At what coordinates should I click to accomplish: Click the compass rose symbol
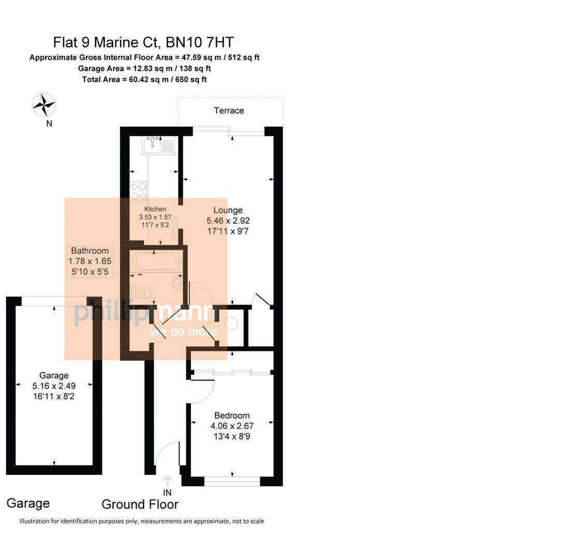tap(44, 105)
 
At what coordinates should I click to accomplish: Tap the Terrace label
tap(229, 111)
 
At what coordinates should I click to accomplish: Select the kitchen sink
tap(154, 145)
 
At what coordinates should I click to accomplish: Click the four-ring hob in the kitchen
tap(139, 191)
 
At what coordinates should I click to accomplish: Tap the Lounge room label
tap(228, 210)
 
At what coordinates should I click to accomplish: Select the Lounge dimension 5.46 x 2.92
tap(228, 221)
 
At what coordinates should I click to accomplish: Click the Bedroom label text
tap(232, 415)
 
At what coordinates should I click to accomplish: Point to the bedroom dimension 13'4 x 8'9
tap(232, 437)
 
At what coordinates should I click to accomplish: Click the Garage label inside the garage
tap(54, 376)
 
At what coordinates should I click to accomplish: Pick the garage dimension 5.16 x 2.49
tap(54, 386)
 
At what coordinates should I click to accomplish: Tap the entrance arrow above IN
tap(167, 481)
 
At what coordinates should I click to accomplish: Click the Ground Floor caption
tap(140, 505)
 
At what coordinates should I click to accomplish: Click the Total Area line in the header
tap(144, 79)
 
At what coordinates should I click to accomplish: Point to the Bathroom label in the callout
tap(90, 251)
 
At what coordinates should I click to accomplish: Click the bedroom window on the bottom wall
tap(232, 482)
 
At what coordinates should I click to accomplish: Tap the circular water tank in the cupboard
tap(231, 324)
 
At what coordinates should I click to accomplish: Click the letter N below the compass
tap(49, 123)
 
